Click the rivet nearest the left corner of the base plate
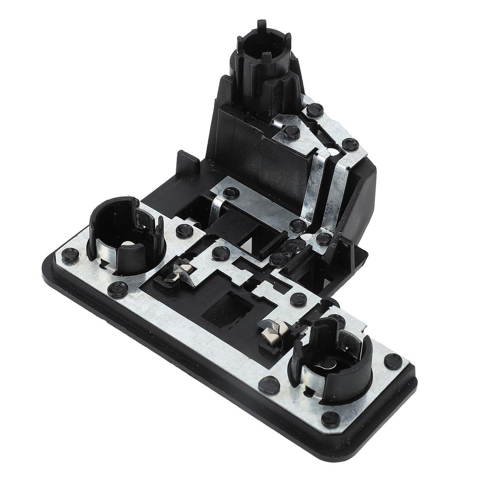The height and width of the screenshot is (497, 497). pos(70,254)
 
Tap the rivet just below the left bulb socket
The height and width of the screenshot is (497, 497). pos(118,289)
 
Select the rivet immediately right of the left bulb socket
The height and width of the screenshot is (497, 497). pos(185,231)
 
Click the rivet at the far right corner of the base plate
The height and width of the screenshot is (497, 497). pos(393,361)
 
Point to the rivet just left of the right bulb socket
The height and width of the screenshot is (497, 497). pos(269,385)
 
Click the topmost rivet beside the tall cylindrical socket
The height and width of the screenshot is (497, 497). pos(315,110)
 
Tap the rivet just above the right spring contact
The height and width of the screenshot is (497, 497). pos(298,299)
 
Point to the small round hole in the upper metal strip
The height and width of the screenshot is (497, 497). pos(333,152)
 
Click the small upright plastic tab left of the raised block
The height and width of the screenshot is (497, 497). pos(187,162)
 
